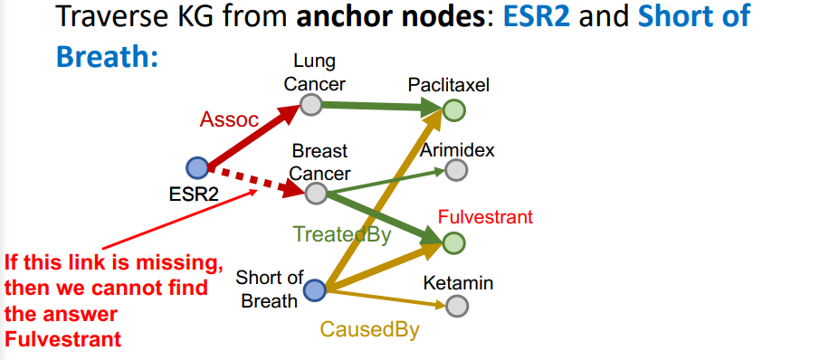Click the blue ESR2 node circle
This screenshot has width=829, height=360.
[x=196, y=167]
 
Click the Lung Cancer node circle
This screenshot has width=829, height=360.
[x=310, y=106]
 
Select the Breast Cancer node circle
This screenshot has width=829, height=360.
[x=316, y=193]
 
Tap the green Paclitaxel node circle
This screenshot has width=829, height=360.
[x=454, y=111]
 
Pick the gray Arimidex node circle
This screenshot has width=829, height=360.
[x=457, y=170]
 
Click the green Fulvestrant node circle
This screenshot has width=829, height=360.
[x=454, y=243]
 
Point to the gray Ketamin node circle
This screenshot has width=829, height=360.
[x=458, y=306]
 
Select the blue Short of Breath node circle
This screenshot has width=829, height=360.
[x=314, y=290]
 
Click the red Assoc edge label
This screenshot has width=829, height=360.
[x=229, y=119]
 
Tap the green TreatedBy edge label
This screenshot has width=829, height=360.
[x=341, y=235]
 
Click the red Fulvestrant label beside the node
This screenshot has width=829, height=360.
[x=485, y=217]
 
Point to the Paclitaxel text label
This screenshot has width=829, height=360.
[x=448, y=85]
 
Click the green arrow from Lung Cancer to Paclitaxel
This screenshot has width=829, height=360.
[x=380, y=108]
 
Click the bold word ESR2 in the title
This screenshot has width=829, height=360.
[x=538, y=16]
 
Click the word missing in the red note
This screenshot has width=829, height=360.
[x=177, y=264]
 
